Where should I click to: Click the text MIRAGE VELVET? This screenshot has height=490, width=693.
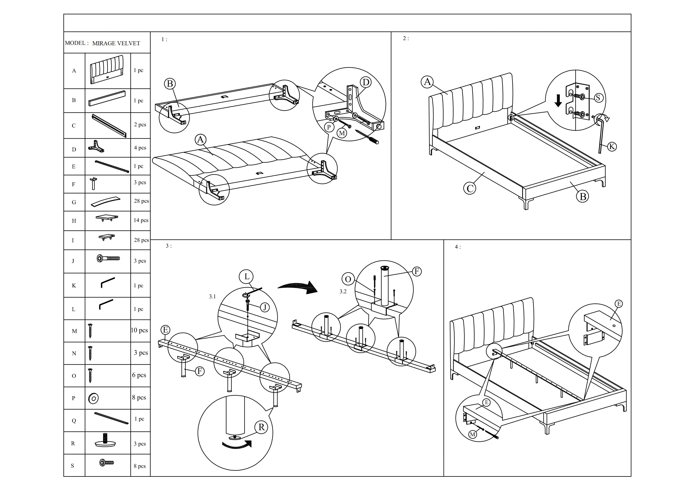[x=116, y=43]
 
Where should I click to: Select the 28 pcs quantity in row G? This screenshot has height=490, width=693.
[x=141, y=201]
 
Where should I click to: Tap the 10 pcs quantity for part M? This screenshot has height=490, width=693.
[x=139, y=330]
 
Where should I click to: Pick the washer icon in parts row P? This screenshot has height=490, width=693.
[x=93, y=399]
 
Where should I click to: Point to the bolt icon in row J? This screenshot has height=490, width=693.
[x=108, y=258]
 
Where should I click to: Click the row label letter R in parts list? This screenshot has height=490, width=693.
[x=73, y=444]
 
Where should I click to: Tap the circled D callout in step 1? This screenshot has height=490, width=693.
[x=366, y=82]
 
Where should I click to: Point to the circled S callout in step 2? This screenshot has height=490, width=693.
[x=598, y=98]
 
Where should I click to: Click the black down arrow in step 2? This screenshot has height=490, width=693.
[x=558, y=101]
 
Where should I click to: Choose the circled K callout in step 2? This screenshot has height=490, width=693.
[x=611, y=147]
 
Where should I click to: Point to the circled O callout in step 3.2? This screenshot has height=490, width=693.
[x=348, y=279]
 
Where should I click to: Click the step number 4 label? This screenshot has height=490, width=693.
[x=458, y=247]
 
